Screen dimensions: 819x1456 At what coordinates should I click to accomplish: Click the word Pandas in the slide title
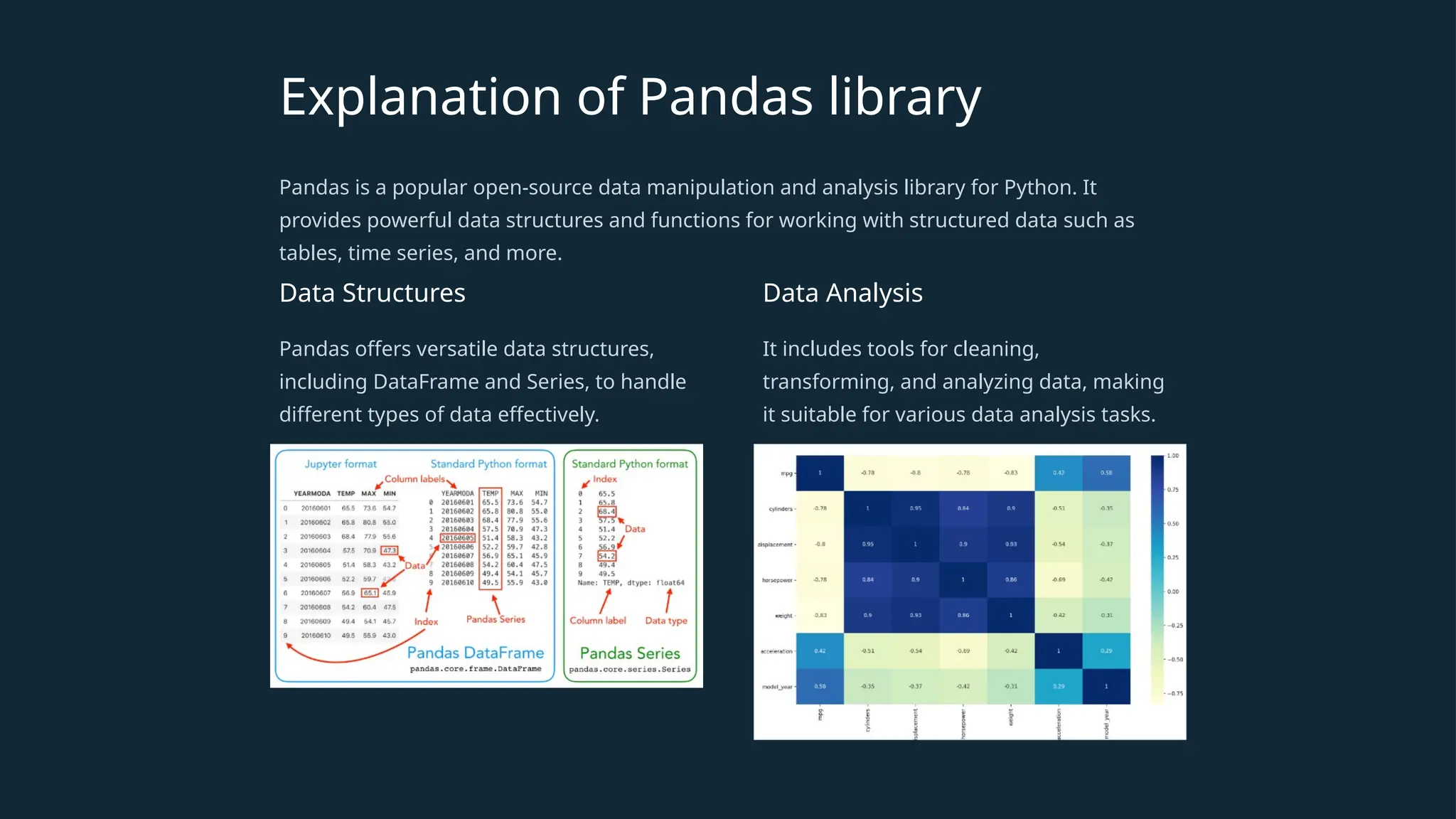725,97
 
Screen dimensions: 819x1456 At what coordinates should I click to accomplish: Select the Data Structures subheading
372,293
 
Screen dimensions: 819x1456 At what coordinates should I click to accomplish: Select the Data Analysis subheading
842,293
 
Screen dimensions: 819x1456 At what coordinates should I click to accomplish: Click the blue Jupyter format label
341,464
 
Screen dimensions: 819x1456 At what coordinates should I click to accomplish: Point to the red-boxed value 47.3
389,550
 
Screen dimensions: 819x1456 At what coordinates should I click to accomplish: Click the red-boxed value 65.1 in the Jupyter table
370,593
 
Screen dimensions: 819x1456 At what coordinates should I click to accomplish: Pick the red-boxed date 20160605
457,538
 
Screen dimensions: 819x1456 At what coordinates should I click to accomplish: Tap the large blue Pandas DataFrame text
475,653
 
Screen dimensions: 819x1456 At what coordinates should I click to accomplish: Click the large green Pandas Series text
630,653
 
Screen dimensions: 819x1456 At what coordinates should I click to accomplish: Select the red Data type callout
666,621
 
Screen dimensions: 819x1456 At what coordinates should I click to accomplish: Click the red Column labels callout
414,479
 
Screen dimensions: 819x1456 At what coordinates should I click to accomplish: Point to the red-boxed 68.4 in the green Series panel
606,511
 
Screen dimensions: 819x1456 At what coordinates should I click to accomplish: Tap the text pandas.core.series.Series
629,670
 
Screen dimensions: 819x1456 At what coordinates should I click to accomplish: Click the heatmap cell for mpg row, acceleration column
1058,473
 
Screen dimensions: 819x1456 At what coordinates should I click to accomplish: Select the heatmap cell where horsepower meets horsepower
963,579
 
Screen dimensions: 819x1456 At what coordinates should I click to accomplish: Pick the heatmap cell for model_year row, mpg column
820,686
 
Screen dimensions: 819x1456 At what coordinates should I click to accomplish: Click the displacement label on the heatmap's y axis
775,545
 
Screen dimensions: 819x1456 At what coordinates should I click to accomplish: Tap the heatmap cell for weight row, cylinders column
867,615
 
